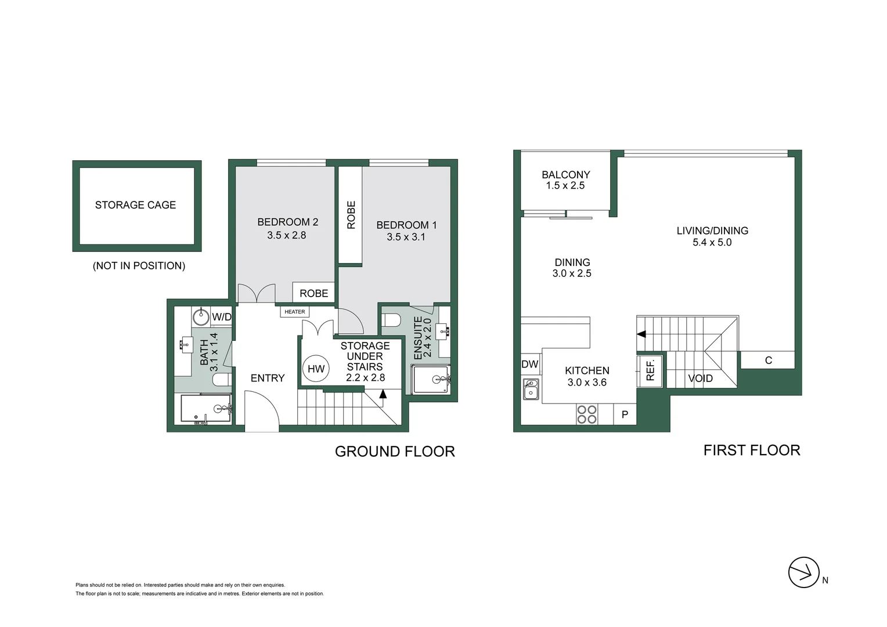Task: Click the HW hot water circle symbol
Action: [x=316, y=369]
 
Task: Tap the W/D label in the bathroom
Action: [x=221, y=317]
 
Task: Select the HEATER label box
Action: [x=295, y=312]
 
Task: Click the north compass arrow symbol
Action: [x=804, y=572]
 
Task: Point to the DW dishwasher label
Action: [x=530, y=365]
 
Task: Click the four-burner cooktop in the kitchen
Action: [x=587, y=415]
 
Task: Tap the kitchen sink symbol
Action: [x=531, y=390]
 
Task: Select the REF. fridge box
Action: [x=650, y=370]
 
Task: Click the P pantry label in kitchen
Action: [x=625, y=415]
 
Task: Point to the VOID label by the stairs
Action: [x=700, y=379]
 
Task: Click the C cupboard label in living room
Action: [x=768, y=361]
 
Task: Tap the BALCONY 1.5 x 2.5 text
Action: [x=565, y=180]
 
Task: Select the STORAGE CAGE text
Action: [x=135, y=205]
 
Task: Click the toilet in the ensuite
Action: [x=392, y=320]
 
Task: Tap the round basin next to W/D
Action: [x=201, y=318]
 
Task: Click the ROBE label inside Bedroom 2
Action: [x=313, y=294]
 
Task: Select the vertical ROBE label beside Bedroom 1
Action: [x=351, y=215]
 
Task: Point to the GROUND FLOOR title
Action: [x=395, y=452]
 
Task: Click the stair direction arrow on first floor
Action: [x=641, y=334]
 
